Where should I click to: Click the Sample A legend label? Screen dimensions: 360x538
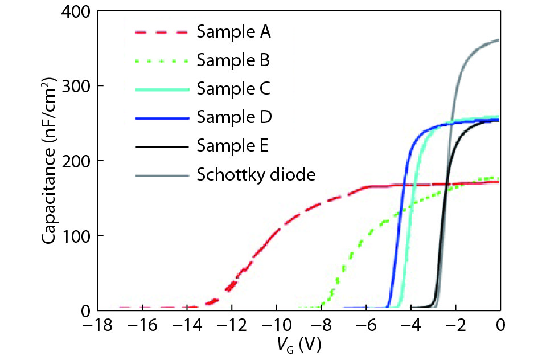point(233,31)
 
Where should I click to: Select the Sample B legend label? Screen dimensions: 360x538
point(233,60)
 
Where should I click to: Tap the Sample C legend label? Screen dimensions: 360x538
point(233,89)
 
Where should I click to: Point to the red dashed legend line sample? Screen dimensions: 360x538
point(161,32)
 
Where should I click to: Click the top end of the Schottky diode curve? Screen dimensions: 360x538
point(498,40)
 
